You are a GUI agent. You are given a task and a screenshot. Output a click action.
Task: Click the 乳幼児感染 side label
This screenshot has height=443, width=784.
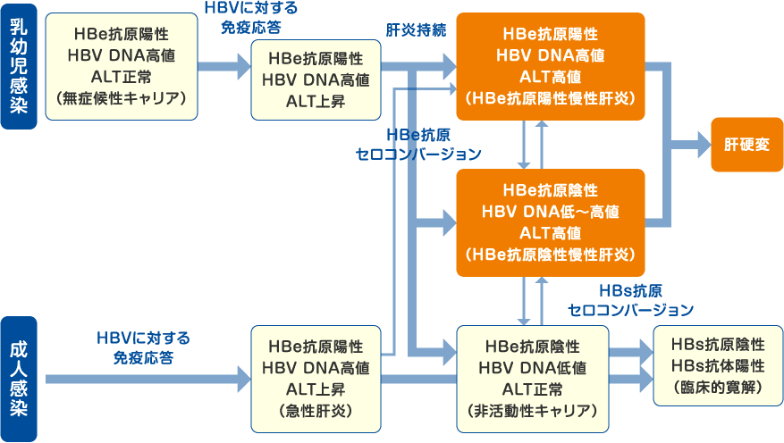pos(18,65)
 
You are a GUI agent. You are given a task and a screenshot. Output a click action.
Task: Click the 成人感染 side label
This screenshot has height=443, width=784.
pos(18,379)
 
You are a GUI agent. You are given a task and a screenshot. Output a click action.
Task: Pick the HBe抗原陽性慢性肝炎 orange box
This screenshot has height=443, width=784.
pos(550,66)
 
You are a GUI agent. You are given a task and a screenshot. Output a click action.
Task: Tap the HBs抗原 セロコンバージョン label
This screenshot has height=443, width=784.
pos(631,301)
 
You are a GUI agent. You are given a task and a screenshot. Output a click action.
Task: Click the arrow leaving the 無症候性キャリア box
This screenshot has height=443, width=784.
pos(223,66)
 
